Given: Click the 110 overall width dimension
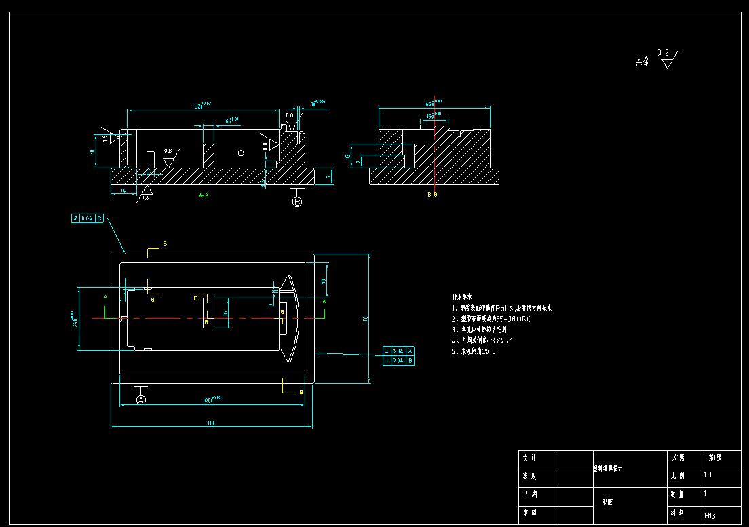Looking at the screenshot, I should (210, 423).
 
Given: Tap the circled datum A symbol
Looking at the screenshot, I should (141, 400).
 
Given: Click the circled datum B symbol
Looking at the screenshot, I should (296, 201).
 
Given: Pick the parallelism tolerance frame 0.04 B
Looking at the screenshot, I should (88, 218).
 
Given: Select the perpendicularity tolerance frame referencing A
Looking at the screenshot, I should (398, 351).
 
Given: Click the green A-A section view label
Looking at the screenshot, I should (203, 195).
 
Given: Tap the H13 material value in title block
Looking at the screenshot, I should (710, 516).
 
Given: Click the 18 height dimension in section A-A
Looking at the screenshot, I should (93, 152).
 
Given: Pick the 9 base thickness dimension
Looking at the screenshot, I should (328, 176).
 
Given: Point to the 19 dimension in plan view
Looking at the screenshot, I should (324, 281).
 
